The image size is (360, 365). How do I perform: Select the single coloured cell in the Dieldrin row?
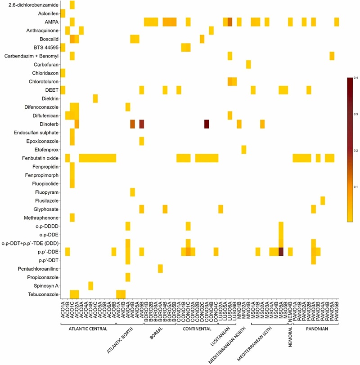[x=95, y=98]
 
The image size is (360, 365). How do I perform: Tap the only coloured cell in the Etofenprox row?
[x=244, y=149]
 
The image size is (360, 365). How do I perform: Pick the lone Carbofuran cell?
[x=248, y=64]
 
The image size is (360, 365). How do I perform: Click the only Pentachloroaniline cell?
[x=160, y=268]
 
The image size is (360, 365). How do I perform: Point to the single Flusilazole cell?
[x=323, y=200]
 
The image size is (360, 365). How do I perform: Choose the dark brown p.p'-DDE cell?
[x=281, y=252]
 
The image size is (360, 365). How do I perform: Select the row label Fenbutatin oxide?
[x=34, y=158]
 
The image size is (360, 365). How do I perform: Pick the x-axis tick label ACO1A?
[x=63, y=311]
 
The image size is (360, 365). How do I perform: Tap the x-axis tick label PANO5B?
[x=337, y=311]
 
